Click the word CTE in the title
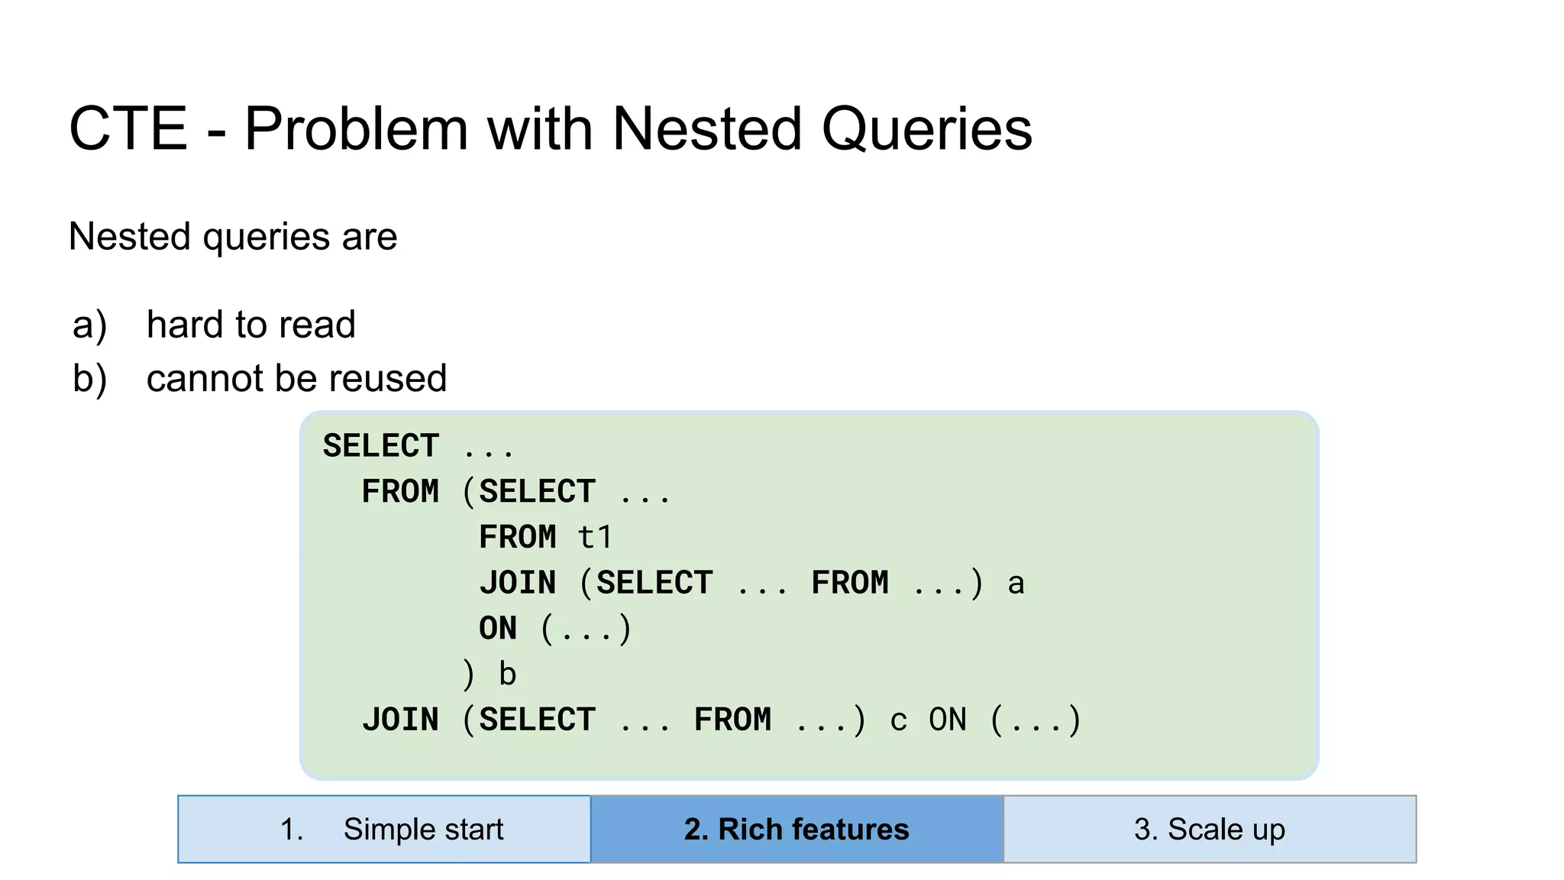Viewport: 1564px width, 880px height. tap(128, 128)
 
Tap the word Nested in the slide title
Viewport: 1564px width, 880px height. tap(706, 128)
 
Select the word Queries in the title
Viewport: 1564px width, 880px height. tap(926, 128)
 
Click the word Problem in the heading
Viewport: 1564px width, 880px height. tap(356, 128)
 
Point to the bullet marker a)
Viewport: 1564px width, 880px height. tap(89, 325)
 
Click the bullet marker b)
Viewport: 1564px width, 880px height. tap(89, 378)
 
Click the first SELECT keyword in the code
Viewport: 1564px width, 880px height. tap(381, 446)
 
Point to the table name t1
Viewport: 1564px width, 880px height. tap(595, 538)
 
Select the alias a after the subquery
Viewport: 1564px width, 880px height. tap(1015, 584)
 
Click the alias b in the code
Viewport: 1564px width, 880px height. tap(507, 675)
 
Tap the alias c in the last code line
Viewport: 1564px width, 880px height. tap(898, 720)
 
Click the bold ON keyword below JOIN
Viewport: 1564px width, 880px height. tap(498, 629)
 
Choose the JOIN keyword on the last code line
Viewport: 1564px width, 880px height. tap(400, 720)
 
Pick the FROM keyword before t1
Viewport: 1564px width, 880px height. tap(517, 538)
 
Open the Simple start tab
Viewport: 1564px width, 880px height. tap(384, 830)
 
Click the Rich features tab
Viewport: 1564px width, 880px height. tap(797, 830)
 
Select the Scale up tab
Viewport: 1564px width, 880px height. tap(1210, 830)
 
